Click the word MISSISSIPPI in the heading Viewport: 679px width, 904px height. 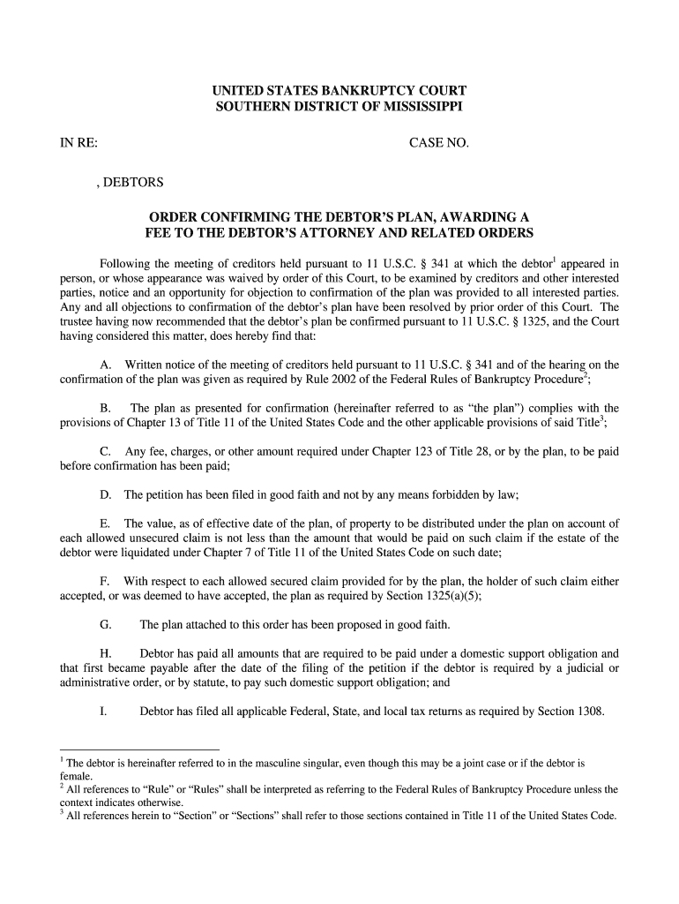point(414,106)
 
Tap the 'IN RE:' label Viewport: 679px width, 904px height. point(78,143)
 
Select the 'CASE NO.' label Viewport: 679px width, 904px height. point(439,143)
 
